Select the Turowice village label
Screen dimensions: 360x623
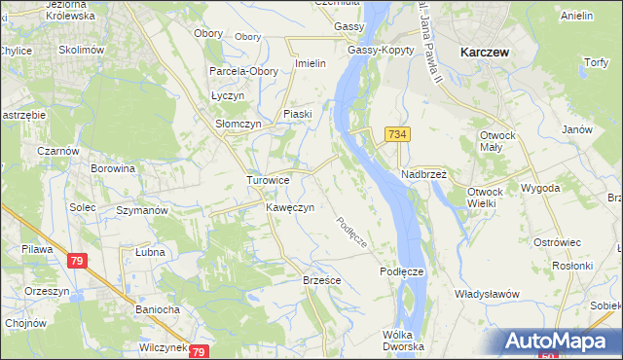point(268,180)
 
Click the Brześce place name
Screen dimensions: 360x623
point(320,279)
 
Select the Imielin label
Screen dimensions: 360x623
point(310,63)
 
